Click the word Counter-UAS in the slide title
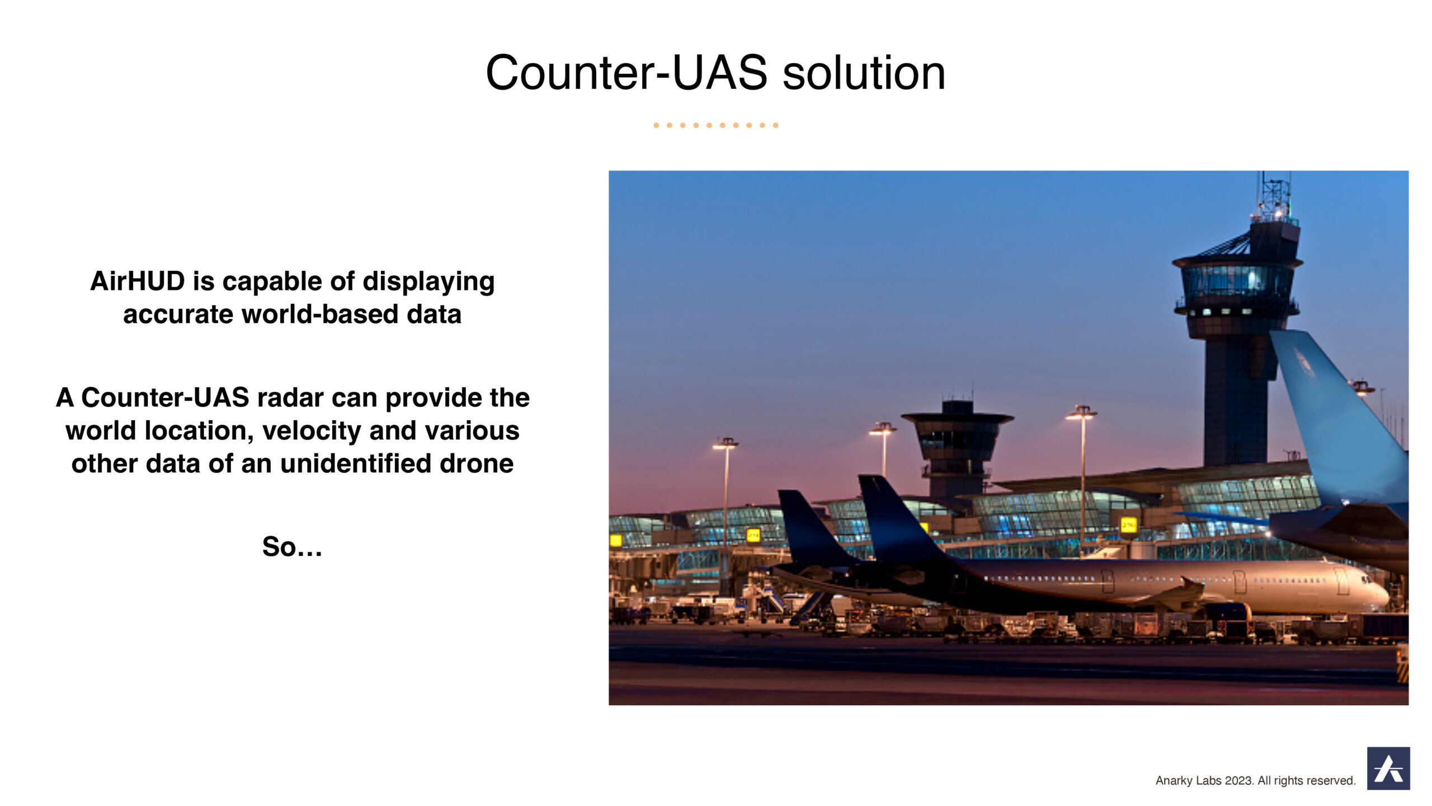tap(626, 73)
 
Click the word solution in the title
tap(864, 73)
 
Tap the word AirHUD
tap(138, 281)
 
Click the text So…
tap(292, 547)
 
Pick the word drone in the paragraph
tap(476, 463)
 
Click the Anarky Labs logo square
tap(1388, 768)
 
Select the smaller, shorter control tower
tap(957, 448)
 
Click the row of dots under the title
tap(716, 125)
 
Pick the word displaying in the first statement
tap(428, 282)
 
